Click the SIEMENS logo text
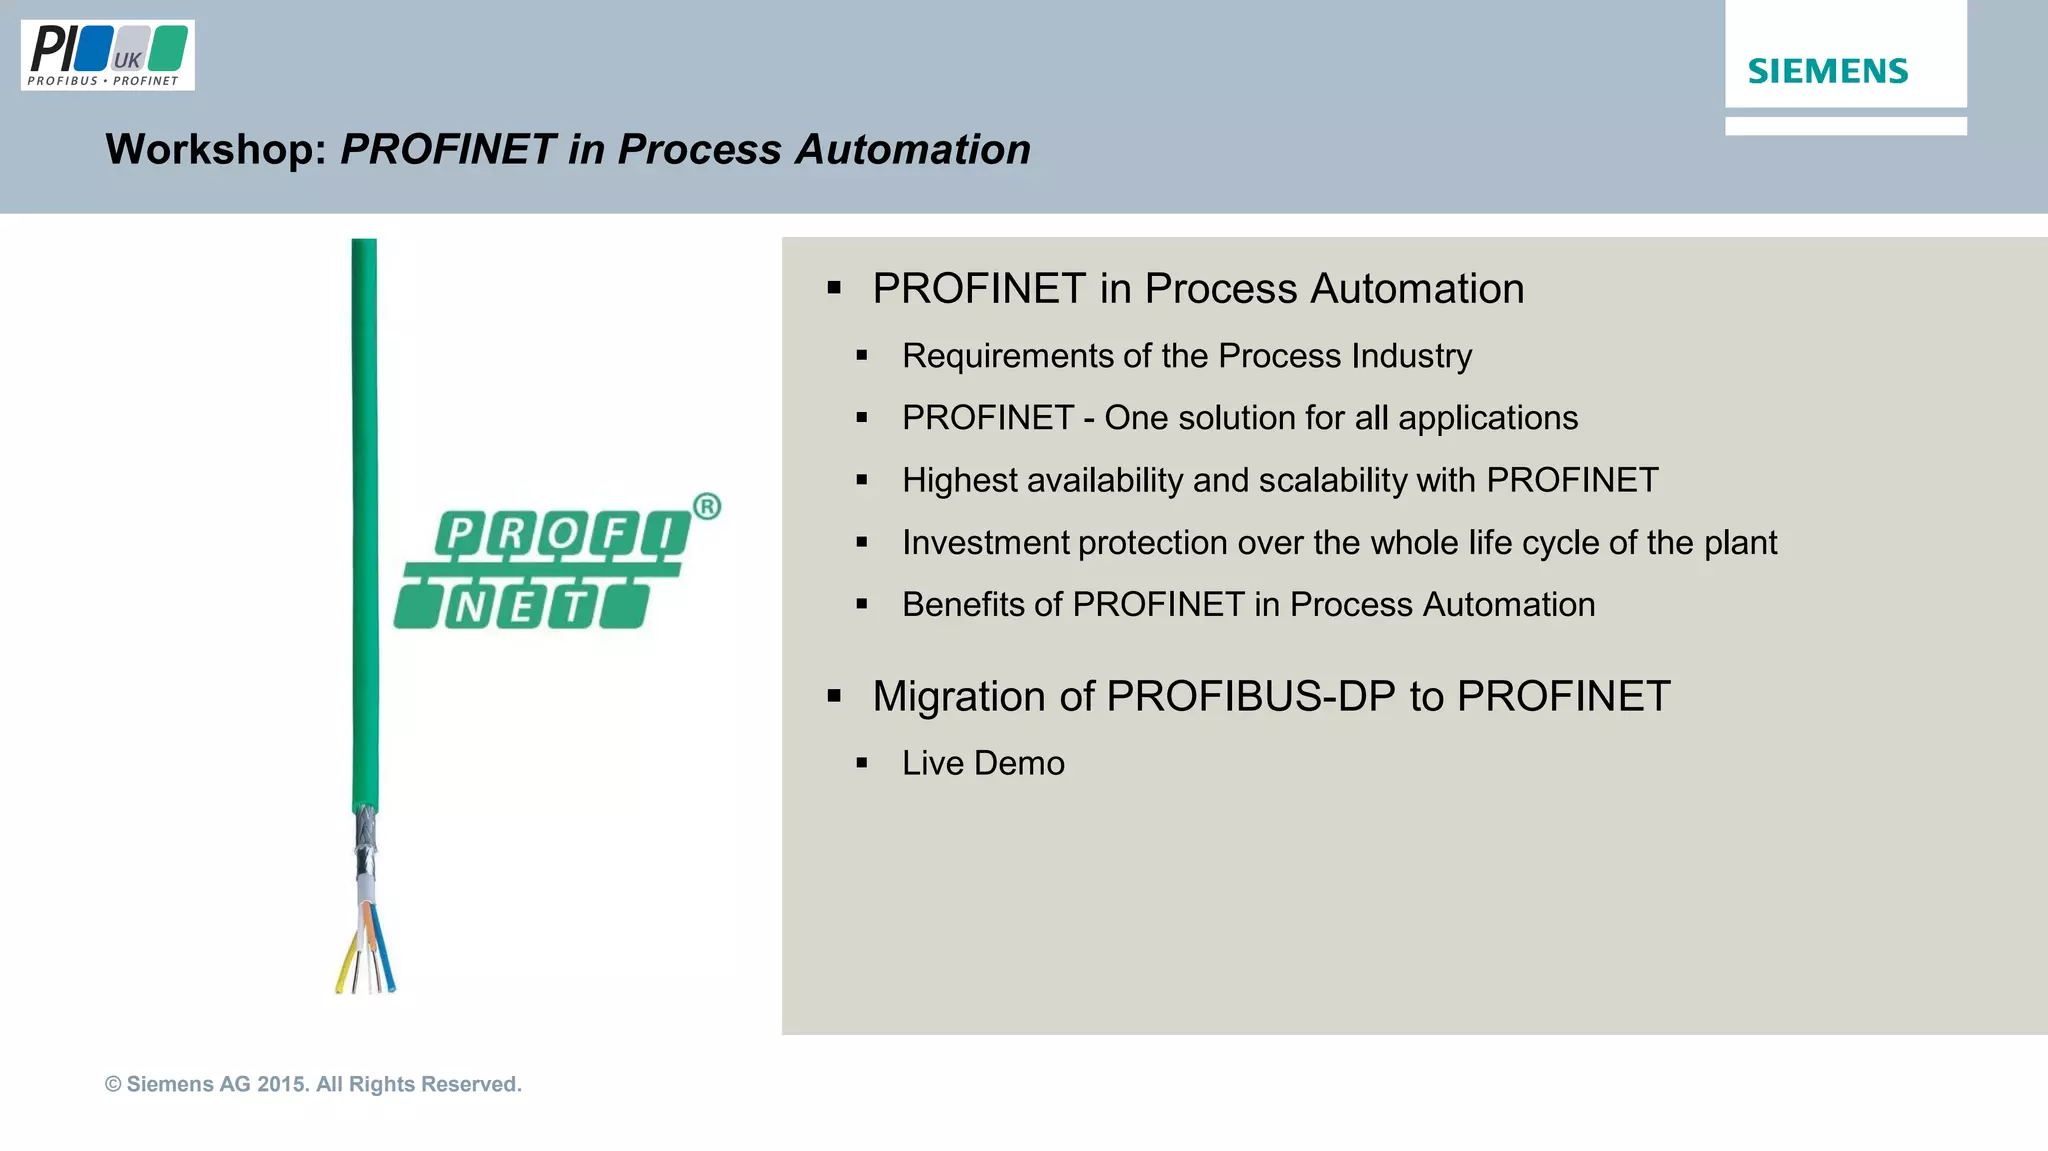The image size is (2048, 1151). click(x=1827, y=71)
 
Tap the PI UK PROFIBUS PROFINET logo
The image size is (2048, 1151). click(x=107, y=56)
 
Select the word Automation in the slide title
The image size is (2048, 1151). click(x=912, y=149)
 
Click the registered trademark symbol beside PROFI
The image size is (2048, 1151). click(x=706, y=507)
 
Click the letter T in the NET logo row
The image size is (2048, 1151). click(x=575, y=606)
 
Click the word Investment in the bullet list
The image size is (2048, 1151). click(x=985, y=543)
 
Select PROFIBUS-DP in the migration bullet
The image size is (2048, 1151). click(x=1251, y=696)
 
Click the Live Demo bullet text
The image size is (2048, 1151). click(x=983, y=763)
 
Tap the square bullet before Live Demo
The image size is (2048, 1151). click(x=862, y=764)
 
